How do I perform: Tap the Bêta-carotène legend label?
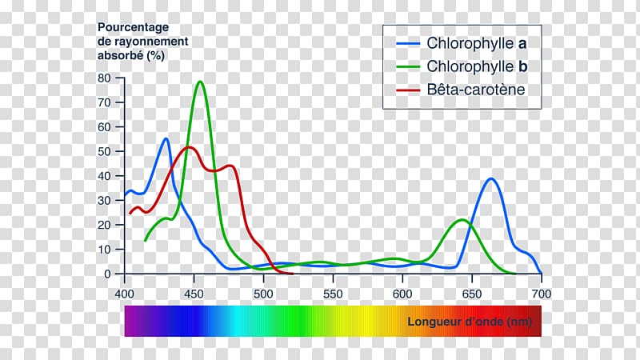coord(476,90)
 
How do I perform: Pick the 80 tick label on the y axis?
coord(104,78)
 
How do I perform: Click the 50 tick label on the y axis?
coord(104,151)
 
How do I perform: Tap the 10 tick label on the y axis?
coord(104,250)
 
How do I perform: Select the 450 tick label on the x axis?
coord(194,294)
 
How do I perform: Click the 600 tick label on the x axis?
coord(402,294)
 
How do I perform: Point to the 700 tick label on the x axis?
coord(542,294)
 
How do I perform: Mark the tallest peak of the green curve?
coord(200,82)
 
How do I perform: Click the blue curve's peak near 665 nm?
coord(491,178)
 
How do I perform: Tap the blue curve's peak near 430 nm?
coord(166,138)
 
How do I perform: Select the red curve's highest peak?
coord(190,147)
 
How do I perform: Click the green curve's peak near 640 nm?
coord(462,219)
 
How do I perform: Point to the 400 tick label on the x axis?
coord(124,294)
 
